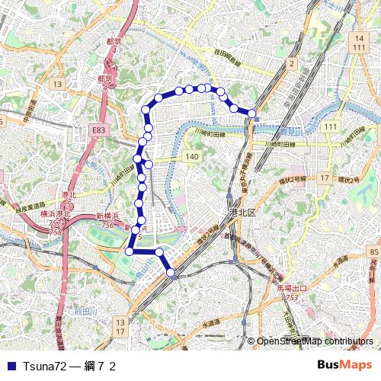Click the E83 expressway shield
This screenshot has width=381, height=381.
(x=98, y=131)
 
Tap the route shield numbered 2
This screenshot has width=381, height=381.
(x=292, y=64)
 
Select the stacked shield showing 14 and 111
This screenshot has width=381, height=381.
(x=359, y=43)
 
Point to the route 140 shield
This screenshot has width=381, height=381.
(x=191, y=156)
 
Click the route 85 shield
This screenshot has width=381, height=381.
(x=373, y=251)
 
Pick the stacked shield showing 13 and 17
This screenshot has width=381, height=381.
(x=120, y=328)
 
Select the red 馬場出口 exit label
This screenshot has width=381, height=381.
(x=291, y=288)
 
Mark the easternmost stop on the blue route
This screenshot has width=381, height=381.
(x=251, y=114)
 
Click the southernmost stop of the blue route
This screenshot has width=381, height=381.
(x=171, y=272)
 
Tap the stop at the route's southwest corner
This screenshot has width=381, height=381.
(x=130, y=251)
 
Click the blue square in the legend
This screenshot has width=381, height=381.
(x=10, y=367)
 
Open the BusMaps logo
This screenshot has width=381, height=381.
(x=345, y=366)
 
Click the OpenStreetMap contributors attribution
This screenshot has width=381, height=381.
(x=314, y=341)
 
